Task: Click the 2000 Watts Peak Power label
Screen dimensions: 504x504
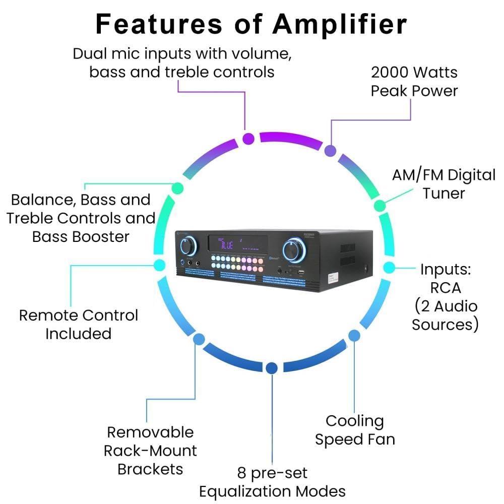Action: [414, 81]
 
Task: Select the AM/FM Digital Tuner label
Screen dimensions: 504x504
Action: [444, 184]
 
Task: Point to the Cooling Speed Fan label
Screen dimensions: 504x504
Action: [355, 430]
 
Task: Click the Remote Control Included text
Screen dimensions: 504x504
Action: [78, 324]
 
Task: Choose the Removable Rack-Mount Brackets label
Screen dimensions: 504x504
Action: [150, 451]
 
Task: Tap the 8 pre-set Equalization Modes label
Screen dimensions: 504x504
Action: [272, 482]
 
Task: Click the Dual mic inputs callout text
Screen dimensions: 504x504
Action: [182, 62]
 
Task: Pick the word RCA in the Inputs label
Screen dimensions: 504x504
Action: [445, 288]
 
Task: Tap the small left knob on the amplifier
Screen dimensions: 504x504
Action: [187, 246]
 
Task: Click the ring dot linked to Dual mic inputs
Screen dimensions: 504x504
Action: [248, 139]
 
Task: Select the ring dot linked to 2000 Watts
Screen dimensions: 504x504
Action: [330, 150]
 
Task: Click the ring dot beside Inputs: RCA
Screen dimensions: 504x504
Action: [389, 267]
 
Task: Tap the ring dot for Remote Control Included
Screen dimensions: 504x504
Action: [159, 265]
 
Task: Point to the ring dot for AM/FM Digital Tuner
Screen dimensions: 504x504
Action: [380, 205]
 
